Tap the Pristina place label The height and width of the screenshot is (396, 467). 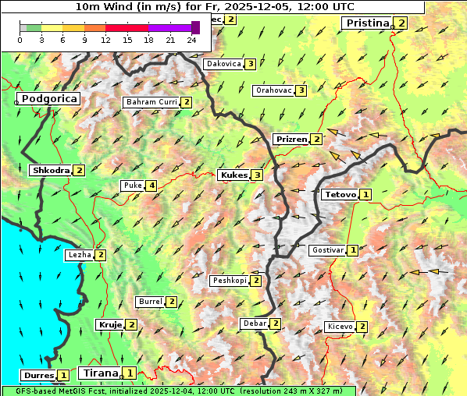point(366,23)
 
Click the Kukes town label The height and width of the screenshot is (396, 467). point(233,175)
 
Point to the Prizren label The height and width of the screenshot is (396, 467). point(291,140)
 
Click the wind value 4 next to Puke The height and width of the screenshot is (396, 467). point(151,186)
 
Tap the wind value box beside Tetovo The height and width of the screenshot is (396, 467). point(365,194)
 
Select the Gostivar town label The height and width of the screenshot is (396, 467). point(326,250)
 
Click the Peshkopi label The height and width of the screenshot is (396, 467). point(229,281)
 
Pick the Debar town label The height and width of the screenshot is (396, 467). point(254,324)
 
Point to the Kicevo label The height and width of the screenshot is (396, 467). point(340,327)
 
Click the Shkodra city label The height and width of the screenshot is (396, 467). point(50,170)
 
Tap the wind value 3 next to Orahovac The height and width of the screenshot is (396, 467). point(301,90)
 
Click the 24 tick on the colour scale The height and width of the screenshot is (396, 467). point(191,40)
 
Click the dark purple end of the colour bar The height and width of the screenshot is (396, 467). point(195,27)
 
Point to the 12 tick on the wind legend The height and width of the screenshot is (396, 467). point(105,40)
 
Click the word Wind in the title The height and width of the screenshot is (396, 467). point(130,6)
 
